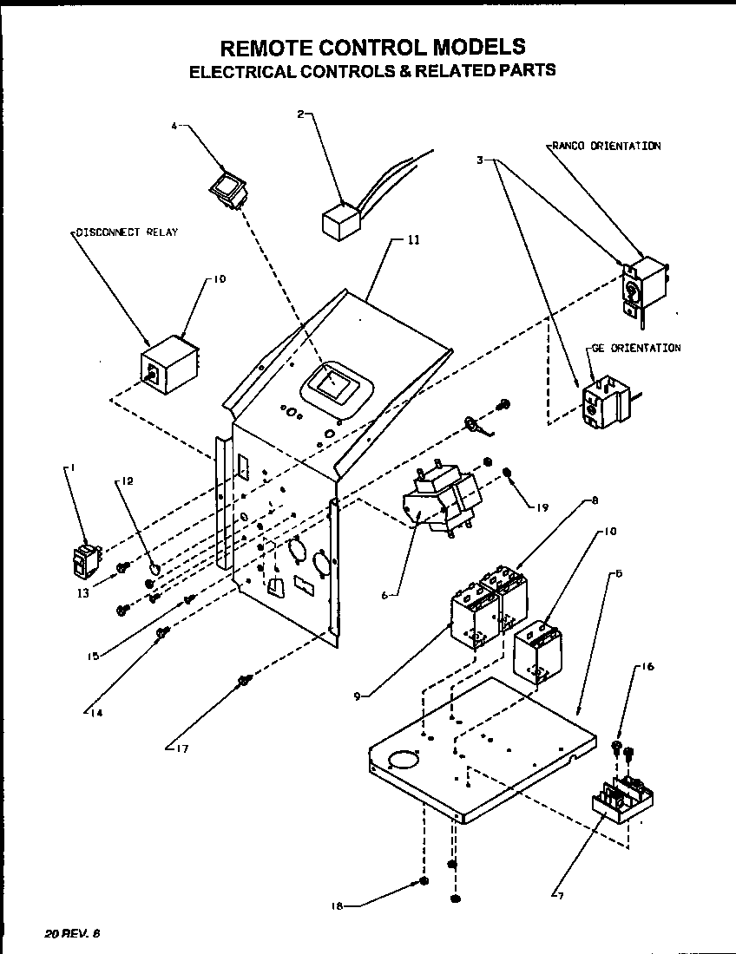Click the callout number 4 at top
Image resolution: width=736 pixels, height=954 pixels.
pyautogui.click(x=173, y=127)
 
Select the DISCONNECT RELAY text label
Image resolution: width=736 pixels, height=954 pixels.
pyautogui.click(x=126, y=232)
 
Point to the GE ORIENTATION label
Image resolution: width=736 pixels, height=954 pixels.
pyautogui.click(x=636, y=348)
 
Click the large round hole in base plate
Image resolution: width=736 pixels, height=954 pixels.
pyautogui.click(x=403, y=760)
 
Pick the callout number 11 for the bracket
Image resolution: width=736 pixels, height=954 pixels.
pyautogui.click(x=412, y=239)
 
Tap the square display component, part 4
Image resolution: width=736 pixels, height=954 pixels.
pyautogui.click(x=228, y=188)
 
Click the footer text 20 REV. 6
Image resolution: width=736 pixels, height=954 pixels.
pyautogui.click(x=73, y=933)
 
